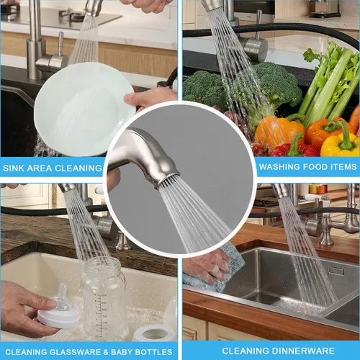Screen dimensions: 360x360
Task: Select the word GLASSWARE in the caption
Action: coord(75,352)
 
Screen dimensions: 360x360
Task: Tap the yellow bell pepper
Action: coord(341,142)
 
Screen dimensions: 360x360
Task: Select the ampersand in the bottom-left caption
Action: coord(106,352)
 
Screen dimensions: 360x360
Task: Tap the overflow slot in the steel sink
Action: coord(336,271)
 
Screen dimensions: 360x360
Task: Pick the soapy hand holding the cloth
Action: coord(207,266)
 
